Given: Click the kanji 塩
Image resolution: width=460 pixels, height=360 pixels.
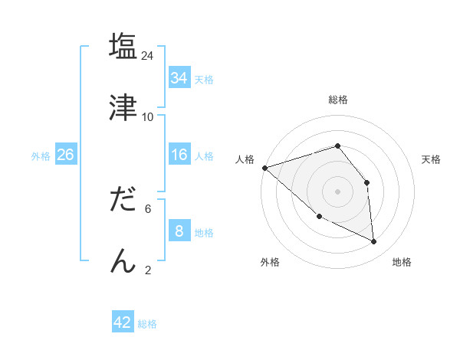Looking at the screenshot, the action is coord(123,47).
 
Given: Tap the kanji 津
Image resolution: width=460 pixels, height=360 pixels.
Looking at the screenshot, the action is coord(123,108).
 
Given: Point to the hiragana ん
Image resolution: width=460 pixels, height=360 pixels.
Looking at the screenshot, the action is coord(123,261).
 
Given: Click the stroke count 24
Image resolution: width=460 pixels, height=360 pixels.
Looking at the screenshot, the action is coord(148,55).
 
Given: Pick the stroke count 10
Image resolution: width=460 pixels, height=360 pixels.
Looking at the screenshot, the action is coord(148,116).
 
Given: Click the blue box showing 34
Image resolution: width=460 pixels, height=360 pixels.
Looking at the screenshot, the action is coord(179,78).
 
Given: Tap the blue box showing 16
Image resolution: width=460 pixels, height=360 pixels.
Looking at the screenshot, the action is coord(179,155).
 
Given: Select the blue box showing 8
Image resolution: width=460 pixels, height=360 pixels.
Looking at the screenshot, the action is coord(179,231).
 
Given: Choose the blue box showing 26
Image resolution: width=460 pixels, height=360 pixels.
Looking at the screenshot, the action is coord(65,155).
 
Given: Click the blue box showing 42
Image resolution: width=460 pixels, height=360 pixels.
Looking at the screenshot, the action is coord(123,322).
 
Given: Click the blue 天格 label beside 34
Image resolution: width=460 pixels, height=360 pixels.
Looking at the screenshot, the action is coord(204,80).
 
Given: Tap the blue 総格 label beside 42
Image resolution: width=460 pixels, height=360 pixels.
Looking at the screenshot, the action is coord(147,324).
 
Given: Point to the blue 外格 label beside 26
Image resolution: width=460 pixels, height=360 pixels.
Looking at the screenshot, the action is coord(41,156).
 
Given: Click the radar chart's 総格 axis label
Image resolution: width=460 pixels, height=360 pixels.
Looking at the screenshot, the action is coord(337,100).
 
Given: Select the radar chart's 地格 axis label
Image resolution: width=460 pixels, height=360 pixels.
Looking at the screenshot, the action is coord(402,262).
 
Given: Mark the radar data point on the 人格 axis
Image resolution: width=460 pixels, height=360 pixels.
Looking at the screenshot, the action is coord(264,168).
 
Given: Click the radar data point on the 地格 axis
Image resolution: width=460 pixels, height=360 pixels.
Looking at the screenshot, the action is coord(374,241).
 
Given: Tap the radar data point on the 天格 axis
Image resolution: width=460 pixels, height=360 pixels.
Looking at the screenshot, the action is coord(367,182).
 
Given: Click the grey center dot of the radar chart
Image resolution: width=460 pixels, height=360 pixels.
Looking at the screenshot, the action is coord(337,191).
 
